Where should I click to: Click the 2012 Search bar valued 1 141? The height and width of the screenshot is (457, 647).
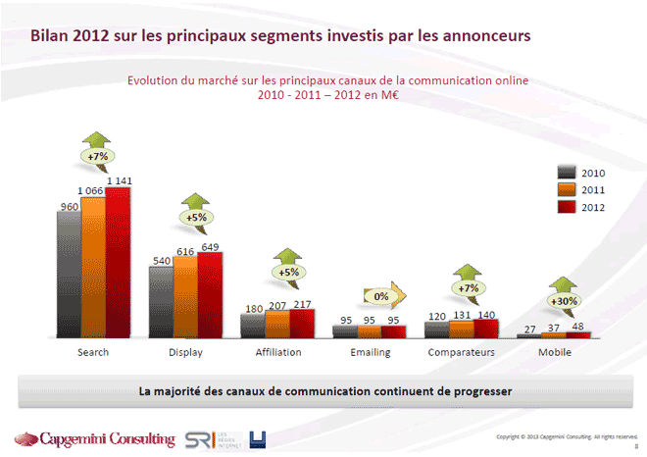tap(118, 262)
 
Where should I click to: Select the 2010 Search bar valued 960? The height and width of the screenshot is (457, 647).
tap(69, 276)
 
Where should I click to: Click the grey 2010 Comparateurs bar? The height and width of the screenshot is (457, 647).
tap(436, 330)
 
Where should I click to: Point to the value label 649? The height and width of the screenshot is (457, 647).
tap(210, 246)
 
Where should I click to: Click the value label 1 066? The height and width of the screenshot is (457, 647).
tap(93, 190)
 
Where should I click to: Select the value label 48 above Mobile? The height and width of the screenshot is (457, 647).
tap(577, 325)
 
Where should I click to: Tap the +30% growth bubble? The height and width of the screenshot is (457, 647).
tap(565, 300)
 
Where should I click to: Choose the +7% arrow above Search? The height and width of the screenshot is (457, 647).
tap(97, 156)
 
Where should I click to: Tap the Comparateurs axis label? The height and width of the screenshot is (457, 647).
tap(466, 351)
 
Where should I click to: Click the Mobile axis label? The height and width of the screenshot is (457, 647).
tap(554, 351)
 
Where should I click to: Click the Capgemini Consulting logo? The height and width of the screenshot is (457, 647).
tap(93, 438)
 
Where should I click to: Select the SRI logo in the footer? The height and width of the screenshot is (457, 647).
tap(198, 438)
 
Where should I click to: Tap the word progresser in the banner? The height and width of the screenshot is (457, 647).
tap(474, 390)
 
